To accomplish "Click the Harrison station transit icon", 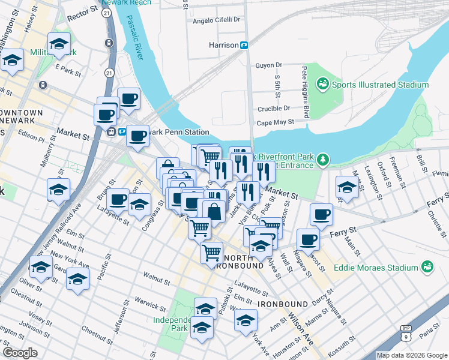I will point(245,45).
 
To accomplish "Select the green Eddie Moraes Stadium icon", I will point(427,266).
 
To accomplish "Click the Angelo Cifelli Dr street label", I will point(216,20).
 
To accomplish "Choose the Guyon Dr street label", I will point(268,65).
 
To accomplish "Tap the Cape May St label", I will point(275,121).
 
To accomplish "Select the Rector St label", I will point(82,11).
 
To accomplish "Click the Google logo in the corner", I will point(20,353).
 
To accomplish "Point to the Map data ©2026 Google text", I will point(411,355).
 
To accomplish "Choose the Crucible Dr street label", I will point(273,109).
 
